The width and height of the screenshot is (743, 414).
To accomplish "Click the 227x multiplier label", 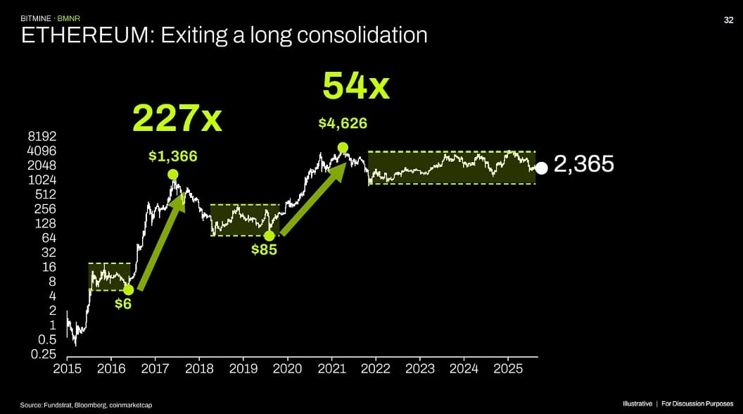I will coord(177,118).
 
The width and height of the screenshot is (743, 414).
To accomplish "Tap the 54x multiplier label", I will coord(355,87).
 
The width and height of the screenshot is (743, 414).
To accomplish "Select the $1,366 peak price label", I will coord(172,156).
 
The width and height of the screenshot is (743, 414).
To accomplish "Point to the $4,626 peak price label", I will coord(343,123).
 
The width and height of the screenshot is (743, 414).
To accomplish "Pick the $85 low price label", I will coord(265,249).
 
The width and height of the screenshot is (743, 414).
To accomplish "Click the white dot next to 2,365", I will coord(541,168).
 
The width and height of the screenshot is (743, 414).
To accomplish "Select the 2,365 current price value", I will coord(584,165).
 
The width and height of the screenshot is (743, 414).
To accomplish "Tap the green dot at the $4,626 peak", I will coord(343,148).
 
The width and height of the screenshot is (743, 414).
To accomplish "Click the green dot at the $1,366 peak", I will coord(173,175).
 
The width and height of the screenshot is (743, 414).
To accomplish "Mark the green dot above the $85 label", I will coord(269,236).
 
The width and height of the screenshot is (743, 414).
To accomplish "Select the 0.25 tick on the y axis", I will coord(44,353).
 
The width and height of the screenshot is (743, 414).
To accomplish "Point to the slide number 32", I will coord(729,20).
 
